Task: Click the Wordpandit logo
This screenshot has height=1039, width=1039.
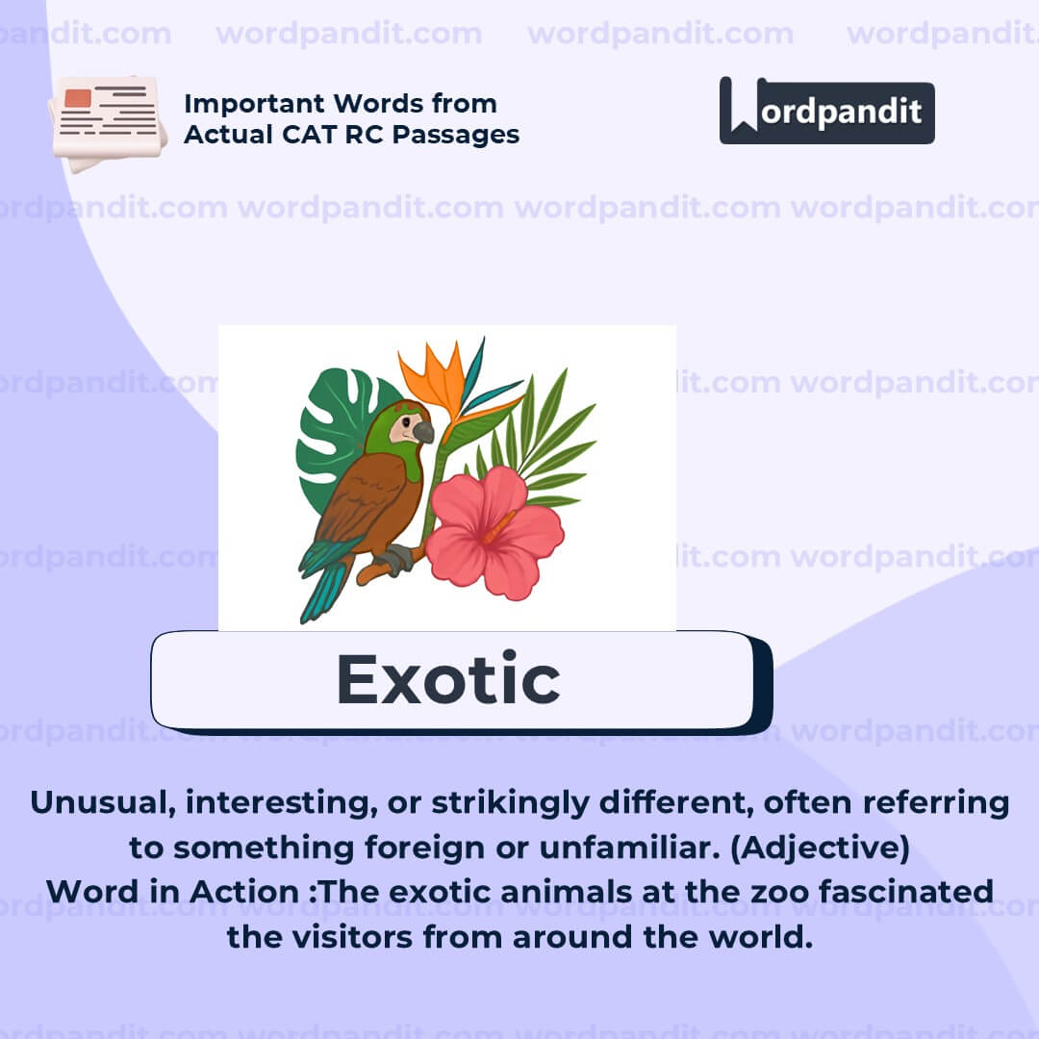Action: coord(826,111)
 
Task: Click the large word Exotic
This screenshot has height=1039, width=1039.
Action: coord(448,680)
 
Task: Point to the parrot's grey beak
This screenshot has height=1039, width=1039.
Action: coord(423,432)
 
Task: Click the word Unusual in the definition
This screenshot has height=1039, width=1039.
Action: coord(97,803)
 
